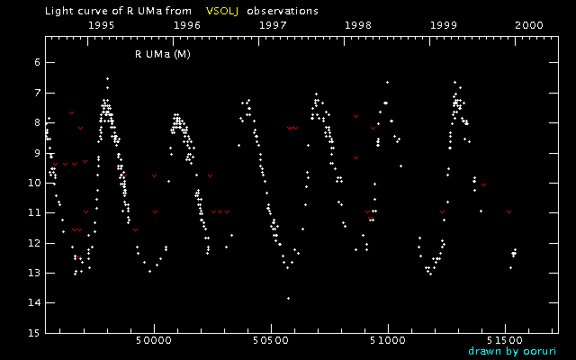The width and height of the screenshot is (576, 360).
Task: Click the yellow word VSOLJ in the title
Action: coord(223,12)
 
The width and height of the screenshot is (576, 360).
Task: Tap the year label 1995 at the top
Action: coord(99,26)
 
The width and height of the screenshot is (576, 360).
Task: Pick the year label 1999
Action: coord(445,26)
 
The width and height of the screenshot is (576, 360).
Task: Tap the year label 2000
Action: coord(528,26)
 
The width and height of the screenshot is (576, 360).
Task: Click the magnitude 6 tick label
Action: coord(34,62)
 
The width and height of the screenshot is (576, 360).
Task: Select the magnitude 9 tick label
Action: coord(34,152)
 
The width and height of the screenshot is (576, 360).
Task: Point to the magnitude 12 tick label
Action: coord(31,242)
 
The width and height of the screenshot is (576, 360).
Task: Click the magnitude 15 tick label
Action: coord(31,332)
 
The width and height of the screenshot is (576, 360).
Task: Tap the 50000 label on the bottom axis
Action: coord(154,342)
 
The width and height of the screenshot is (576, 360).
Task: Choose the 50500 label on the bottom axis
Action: coord(271,342)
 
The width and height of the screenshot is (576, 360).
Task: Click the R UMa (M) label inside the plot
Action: coord(162,54)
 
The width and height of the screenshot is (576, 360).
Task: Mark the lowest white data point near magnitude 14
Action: coord(288,298)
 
